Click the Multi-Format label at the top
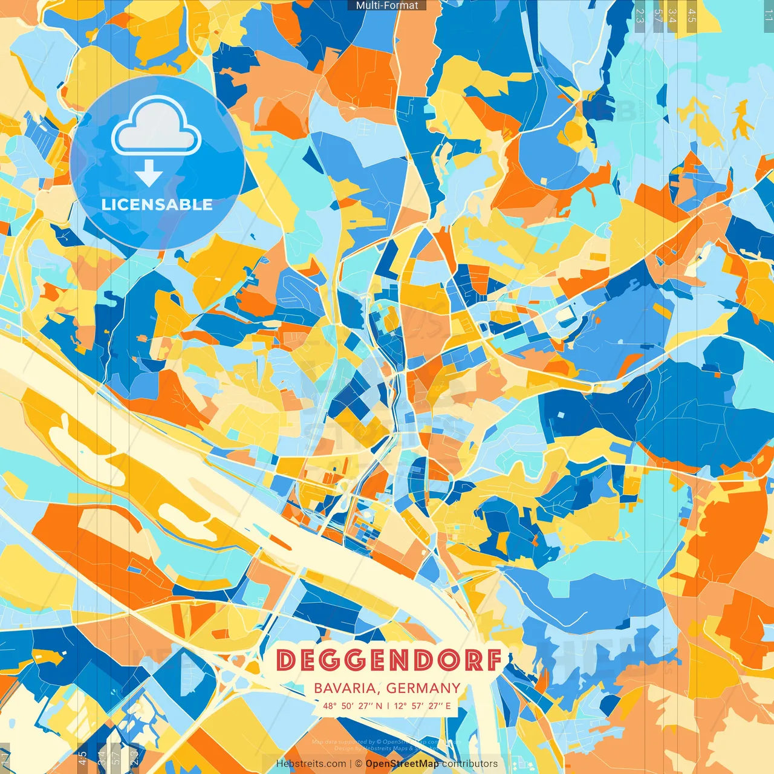click(387, 5)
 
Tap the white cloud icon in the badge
click(156, 126)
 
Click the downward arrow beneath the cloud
click(149, 174)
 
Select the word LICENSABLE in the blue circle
click(157, 204)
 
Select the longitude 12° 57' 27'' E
click(423, 706)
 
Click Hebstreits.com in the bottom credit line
click(311, 764)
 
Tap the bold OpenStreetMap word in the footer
click(402, 764)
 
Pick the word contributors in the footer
click(470, 764)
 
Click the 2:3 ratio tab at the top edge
click(640, 15)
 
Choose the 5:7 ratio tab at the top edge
click(658, 15)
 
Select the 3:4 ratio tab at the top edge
click(672, 15)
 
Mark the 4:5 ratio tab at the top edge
click(692, 15)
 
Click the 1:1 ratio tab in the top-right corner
click(767, 13)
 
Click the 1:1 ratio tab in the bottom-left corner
click(5, 757)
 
